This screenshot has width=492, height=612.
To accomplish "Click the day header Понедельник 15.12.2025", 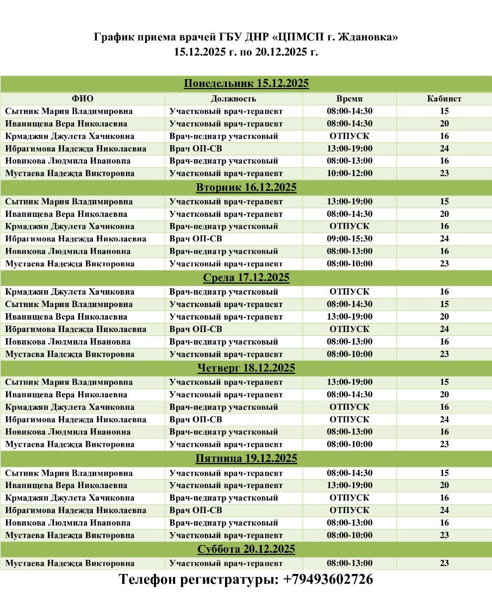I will [246, 84].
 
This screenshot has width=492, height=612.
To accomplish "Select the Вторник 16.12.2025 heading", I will [246, 188].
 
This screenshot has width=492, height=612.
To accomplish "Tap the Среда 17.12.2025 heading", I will [246, 278].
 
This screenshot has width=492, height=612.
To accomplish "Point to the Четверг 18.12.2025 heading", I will [246, 368].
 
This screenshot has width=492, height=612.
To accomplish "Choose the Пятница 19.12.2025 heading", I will [246, 459].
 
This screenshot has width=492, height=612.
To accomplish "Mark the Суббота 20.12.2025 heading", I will [246, 549].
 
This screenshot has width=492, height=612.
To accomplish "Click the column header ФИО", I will [82, 98].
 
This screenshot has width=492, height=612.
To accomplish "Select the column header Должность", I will [233, 98].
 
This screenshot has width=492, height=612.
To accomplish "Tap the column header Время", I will [349, 98].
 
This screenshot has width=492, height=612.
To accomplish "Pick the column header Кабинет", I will [444, 98].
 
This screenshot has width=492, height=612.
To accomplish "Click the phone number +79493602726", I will [328, 579].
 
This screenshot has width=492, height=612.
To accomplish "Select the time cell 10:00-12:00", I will [349, 173].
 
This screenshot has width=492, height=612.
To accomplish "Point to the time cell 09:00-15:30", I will [349, 239].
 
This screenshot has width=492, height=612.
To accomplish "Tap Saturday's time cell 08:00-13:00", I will [349, 563].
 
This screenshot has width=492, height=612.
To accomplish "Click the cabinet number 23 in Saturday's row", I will [444, 563].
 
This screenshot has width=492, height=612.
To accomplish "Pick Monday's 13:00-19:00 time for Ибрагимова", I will [349, 148].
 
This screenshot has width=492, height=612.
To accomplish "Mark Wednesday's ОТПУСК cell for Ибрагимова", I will [349, 329].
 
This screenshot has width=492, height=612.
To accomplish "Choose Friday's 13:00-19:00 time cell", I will [349, 485].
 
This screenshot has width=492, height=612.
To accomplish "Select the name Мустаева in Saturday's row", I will [25, 563].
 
